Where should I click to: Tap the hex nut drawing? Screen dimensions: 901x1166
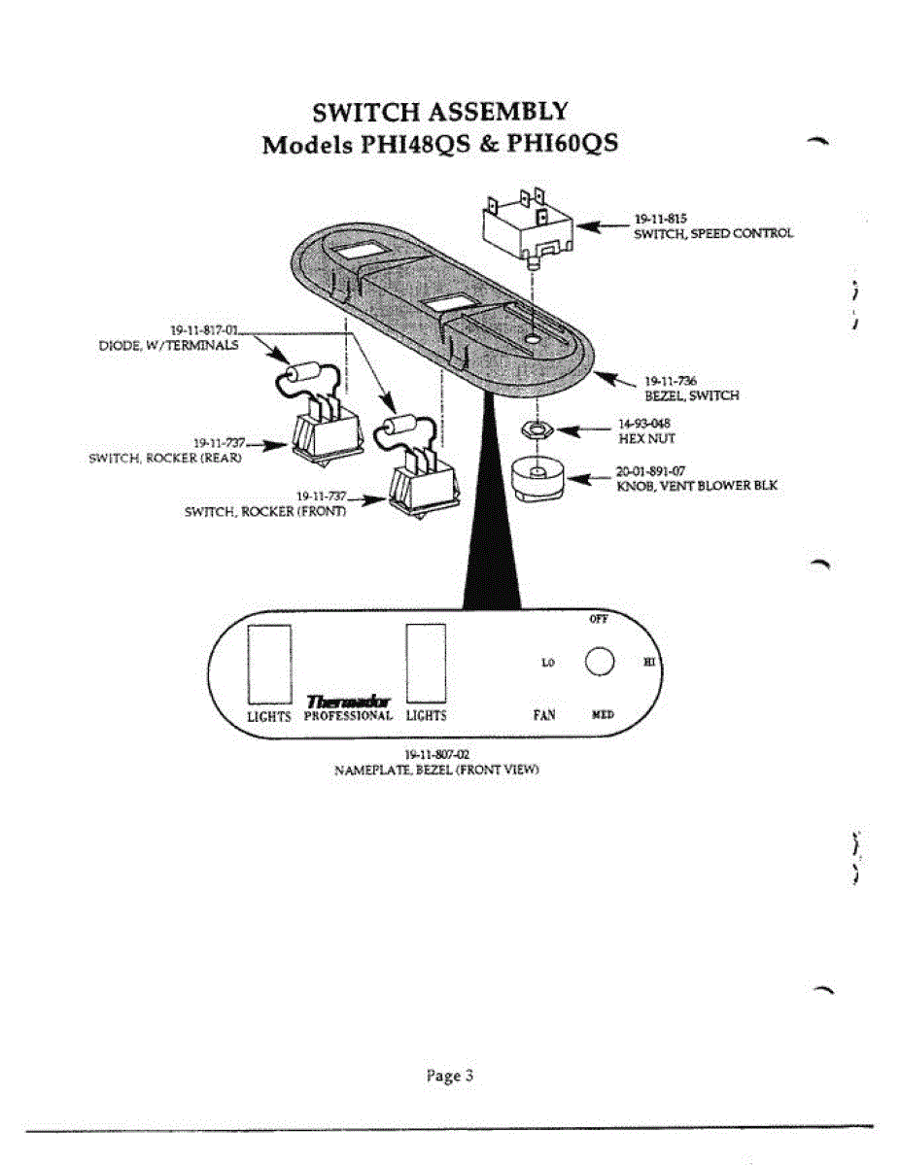click(534, 428)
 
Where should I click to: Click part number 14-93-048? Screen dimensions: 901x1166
click(644, 424)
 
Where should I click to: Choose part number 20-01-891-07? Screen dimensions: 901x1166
click(651, 470)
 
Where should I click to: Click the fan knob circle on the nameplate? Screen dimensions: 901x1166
click(601, 661)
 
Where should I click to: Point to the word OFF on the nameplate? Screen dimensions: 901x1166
click(599, 620)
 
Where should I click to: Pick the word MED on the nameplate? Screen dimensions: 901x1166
click(603, 715)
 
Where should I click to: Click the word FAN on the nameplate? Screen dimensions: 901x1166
click(544, 715)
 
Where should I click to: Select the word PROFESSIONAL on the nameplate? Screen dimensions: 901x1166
click(348, 716)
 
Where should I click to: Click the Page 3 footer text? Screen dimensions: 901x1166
click(450, 1076)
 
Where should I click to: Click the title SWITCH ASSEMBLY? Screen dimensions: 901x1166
click(440, 112)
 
